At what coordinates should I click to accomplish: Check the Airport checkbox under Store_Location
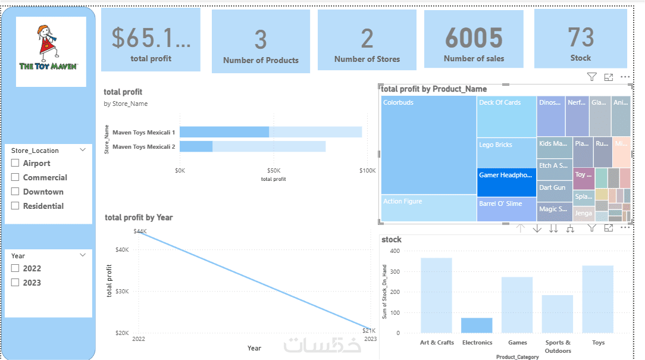[x=15, y=164]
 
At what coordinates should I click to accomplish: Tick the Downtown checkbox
[x=15, y=192]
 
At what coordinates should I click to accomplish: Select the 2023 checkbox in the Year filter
[x=15, y=283]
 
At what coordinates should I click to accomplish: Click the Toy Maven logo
[x=51, y=51]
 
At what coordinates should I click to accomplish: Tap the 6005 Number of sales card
[x=474, y=39]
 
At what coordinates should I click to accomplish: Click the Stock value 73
[x=580, y=37]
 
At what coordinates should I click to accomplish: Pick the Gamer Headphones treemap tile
[x=506, y=181]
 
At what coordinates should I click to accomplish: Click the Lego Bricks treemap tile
[x=506, y=152]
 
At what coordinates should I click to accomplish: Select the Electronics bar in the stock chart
[x=477, y=325]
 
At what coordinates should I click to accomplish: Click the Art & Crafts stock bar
[x=436, y=295]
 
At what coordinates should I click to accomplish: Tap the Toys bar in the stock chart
[x=597, y=299]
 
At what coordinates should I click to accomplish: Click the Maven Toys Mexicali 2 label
[x=143, y=146]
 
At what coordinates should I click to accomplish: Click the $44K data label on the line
[x=140, y=231]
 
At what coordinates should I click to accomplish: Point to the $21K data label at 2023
[x=370, y=331]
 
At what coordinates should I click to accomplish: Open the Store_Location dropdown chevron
[x=83, y=150]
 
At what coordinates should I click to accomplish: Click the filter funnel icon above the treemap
[x=591, y=77]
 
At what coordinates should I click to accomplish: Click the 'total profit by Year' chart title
[x=139, y=217]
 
